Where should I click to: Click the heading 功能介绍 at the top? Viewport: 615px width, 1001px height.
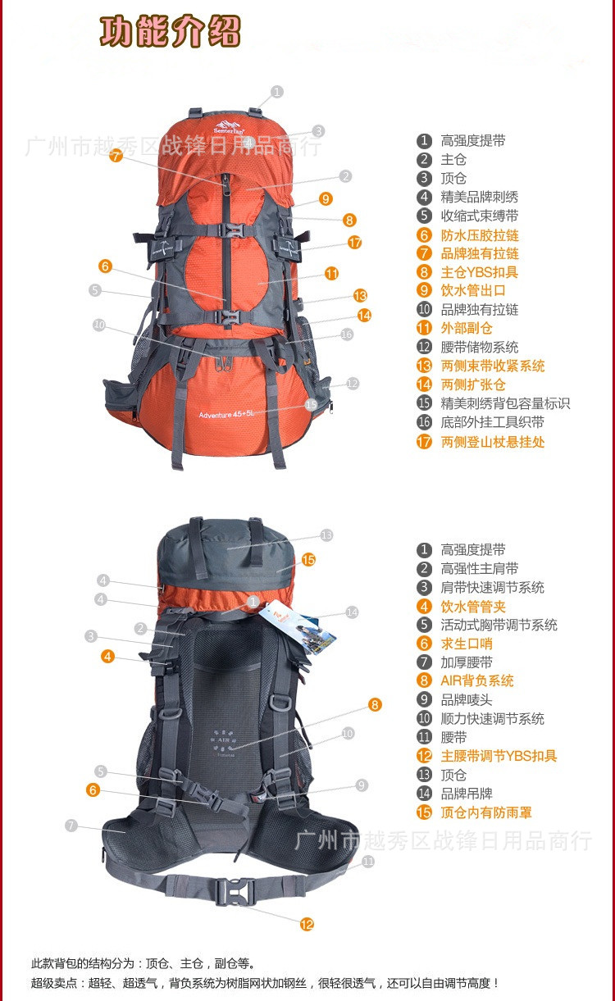click(171, 31)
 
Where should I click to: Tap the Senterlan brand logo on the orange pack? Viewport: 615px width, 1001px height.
click(229, 127)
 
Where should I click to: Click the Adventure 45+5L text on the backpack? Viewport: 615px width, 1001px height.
click(225, 414)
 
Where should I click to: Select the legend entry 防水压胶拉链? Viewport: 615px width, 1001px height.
click(480, 235)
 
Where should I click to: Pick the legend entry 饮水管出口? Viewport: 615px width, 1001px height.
click(473, 290)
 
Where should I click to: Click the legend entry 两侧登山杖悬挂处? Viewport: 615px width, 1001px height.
click(493, 442)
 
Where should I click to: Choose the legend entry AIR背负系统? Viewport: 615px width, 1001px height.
click(477, 680)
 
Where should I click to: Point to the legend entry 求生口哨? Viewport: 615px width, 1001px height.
click(467, 644)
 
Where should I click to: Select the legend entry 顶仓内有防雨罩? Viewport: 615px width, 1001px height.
click(486, 812)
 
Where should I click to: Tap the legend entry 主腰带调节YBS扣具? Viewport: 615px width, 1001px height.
click(499, 756)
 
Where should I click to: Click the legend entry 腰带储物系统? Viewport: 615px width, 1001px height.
click(480, 347)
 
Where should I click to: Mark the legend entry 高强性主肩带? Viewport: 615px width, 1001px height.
click(480, 568)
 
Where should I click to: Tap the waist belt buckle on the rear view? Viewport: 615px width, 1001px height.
click(235, 892)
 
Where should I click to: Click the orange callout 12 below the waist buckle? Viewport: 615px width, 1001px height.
click(307, 924)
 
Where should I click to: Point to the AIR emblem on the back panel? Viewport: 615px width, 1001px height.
click(224, 744)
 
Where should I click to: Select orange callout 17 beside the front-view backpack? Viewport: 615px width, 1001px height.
click(354, 243)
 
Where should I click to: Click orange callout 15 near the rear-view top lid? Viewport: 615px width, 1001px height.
click(308, 559)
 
